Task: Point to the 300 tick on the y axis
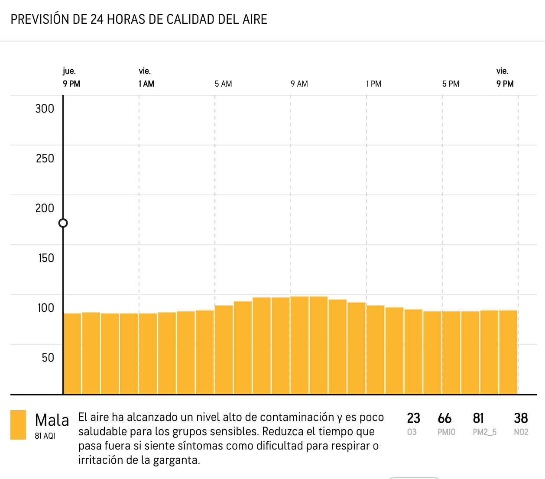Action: point(45,109)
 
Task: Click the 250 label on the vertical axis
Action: point(45,159)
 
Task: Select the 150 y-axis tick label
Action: point(46,258)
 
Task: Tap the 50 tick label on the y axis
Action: point(48,358)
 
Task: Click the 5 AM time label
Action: point(223,84)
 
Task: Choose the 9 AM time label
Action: point(299,84)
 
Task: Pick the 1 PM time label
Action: point(374,84)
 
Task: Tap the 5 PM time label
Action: point(451,84)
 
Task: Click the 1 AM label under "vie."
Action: point(146,84)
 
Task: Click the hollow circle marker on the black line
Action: point(63,223)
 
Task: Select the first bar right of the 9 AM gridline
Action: point(300,345)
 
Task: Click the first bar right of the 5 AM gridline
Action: point(224,350)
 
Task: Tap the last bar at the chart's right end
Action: point(508,352)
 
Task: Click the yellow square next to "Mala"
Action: point(18,425)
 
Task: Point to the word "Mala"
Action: point(52,420)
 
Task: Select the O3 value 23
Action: point(413,418)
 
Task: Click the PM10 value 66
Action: point(444,418)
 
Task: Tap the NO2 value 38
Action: point(521,418)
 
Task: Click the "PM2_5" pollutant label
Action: point(484,432)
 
